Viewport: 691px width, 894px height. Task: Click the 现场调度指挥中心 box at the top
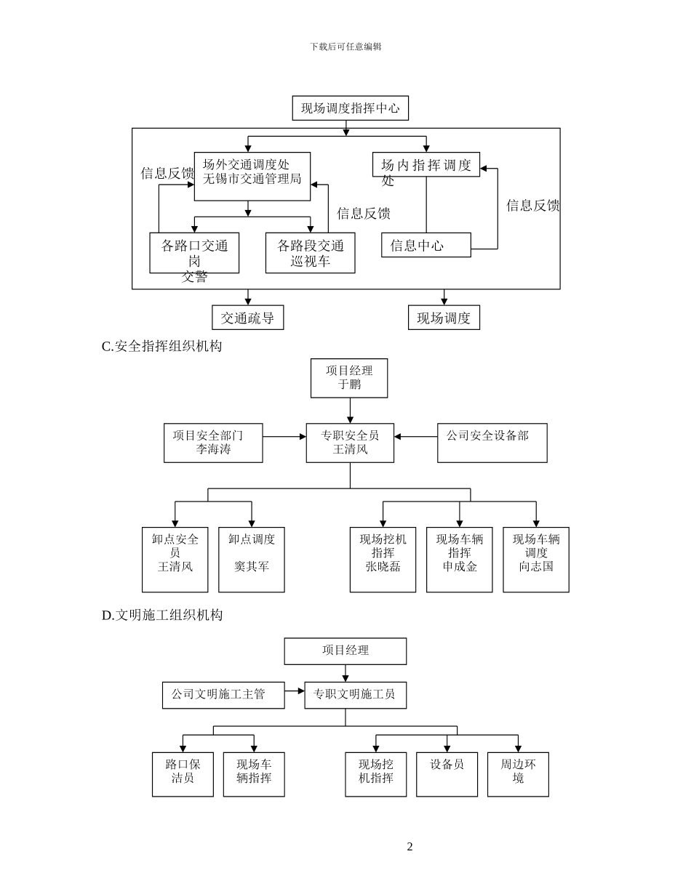click(x=350, y=108)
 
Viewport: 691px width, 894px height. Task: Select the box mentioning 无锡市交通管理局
click(x=252, y=176)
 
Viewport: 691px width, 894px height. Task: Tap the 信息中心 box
click(x=426, y=245)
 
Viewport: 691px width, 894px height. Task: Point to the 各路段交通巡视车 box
click(x=310, y=253)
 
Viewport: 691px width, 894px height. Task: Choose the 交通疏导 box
click(x=247, y=318)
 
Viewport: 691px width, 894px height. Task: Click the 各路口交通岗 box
click(x=194, y=253)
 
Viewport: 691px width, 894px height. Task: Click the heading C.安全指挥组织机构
click(x=161, y=347)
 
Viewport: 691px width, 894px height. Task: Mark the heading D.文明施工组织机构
click(x=162, y=616)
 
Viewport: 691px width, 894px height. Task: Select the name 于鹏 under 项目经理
click(x=349, y=384)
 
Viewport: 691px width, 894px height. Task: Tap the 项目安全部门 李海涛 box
click(x=213, y=443)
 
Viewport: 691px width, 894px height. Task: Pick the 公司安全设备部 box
click(x=492, y=443)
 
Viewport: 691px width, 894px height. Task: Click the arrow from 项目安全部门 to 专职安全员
click(x=284, y=437)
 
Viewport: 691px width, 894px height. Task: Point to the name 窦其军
click(x=252, y=566)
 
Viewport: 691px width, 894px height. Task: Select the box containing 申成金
click(x=459, y=560)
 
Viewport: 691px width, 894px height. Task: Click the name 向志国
click(x=536, y=566)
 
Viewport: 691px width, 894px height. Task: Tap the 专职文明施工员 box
click(x=355, y=695)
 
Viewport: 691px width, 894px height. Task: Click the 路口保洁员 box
click(x=183, y=774)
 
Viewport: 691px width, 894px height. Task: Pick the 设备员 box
click(x=447, y=774)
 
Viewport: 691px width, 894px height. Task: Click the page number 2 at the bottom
click(x=410, y=847)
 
